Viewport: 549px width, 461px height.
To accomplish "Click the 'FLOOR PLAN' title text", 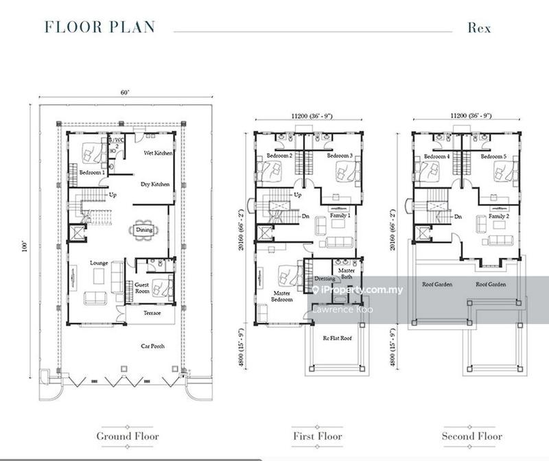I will tap(100, 27).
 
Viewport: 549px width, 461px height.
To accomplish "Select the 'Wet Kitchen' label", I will tap(158, 153).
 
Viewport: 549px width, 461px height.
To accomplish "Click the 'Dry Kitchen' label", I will tap(155, 184).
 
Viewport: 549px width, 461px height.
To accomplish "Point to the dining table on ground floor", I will tap(144, 230).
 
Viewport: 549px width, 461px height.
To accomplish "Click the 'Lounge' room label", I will tap(100, 263).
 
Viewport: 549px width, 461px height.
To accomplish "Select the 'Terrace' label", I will tap(152, 313).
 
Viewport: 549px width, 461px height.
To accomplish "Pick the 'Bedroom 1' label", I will tap(92, 172).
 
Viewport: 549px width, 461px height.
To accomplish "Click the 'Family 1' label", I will tap(342, 216).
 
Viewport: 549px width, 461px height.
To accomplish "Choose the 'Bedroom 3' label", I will tap(340, 156).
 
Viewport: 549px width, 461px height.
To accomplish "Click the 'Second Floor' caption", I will tap(471, 436).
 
